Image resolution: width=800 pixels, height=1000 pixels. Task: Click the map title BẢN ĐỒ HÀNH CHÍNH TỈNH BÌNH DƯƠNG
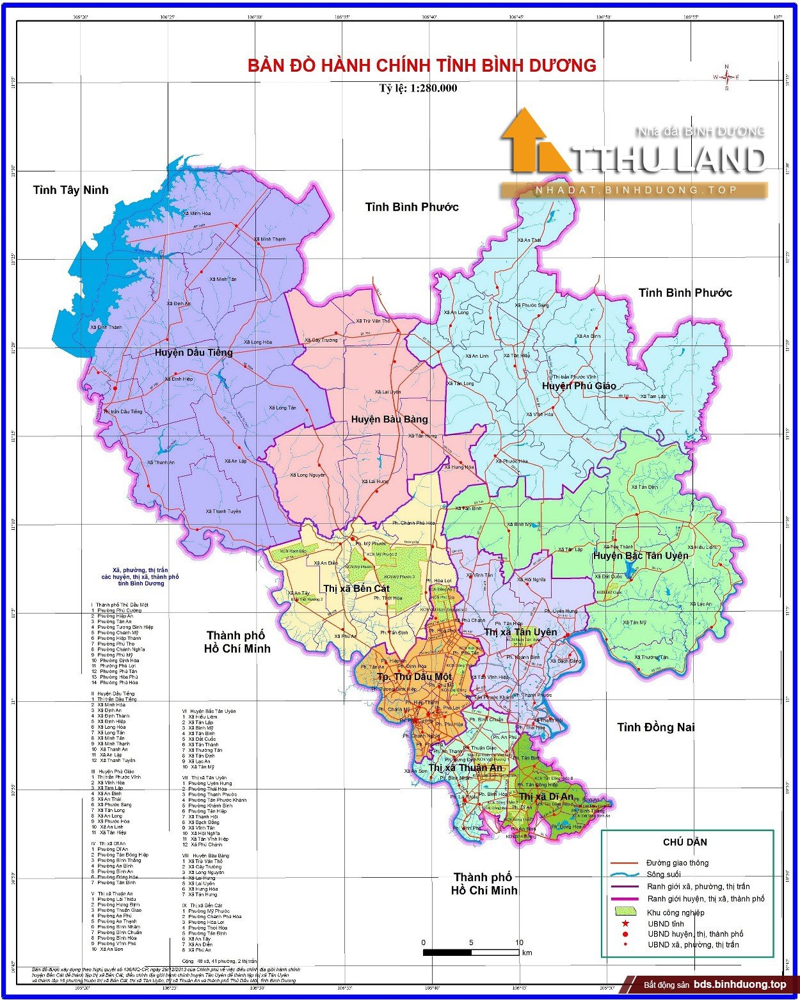[x=422, y=65]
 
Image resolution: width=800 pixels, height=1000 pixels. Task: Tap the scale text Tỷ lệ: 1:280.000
[x=418, y=88]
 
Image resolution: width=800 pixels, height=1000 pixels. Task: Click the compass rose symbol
[x=726, y=77]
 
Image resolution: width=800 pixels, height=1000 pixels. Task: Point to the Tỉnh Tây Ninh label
[x=71, y=190]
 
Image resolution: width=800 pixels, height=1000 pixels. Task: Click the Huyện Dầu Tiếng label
[x=194, y=353]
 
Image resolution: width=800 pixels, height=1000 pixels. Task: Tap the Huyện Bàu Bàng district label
[x=389, y=419]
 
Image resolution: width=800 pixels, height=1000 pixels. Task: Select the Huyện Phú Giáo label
[x=579, y=385]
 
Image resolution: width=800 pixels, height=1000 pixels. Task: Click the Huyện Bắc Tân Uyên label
[x=640, y=555]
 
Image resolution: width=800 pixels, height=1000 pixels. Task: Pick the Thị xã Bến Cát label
[x=356, y=589]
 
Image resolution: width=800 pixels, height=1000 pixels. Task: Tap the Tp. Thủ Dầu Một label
[x=414, y=676]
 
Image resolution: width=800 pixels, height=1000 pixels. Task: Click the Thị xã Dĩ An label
[x=546, y=796]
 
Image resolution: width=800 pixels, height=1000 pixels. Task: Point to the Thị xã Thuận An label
[x=465, y=767]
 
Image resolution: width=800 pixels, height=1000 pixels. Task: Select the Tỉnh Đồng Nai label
[x=655, y=727]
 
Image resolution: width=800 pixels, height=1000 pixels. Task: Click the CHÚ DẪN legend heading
[x=685, y=842]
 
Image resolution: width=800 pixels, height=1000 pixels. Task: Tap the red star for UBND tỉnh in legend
[x=625, y=923]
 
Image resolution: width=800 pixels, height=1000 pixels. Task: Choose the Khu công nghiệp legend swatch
[x=625, y=912]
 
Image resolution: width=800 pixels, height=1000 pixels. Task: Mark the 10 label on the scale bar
[x=518, y=942]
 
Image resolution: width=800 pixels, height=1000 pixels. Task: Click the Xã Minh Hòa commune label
[x=197, y=214]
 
